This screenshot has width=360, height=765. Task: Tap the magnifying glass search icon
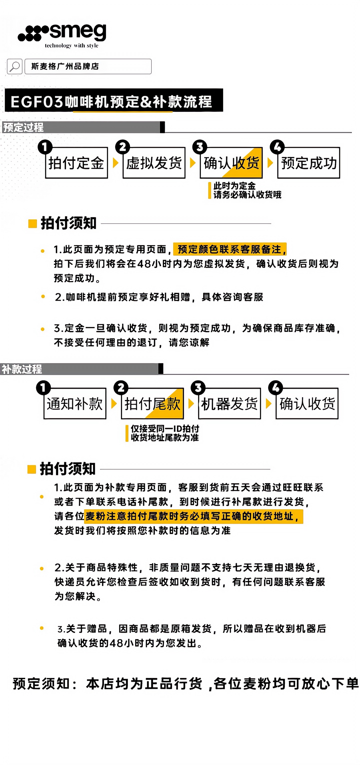[14, 66]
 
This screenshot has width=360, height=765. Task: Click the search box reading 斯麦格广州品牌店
[88, 66]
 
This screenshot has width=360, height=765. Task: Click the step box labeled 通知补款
[75, 404]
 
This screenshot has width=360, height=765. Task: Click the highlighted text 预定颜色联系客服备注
[230, 249]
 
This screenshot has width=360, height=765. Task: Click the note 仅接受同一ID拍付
[165, 428]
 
